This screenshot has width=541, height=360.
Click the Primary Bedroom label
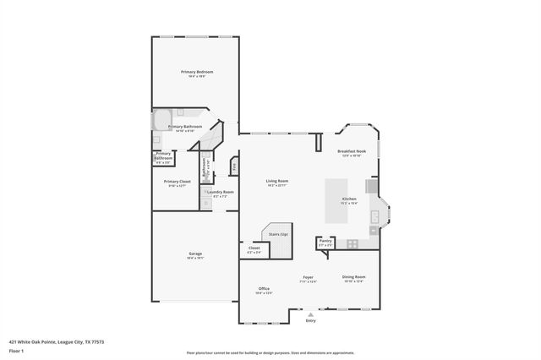click(x=196, y=73)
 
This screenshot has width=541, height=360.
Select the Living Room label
click(x=277, y=181)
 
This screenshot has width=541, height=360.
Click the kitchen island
click(x=337, y=200)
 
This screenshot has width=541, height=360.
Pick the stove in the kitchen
click(x=352, y=244)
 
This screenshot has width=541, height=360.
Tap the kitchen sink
click(x=373, y=217)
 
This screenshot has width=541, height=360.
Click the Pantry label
click(x=325, y=241)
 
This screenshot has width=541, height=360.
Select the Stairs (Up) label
click(x=278, y=234)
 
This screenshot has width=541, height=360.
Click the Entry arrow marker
click(x=310, y=314)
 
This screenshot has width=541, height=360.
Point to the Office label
click(x=264, y=289)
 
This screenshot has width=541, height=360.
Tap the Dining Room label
click(x=353, y=278)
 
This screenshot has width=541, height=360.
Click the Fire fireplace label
click(x=234, y=166)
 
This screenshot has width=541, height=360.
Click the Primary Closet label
click(x=177, y=183)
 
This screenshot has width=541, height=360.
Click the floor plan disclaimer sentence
click(x=270, y=352)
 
